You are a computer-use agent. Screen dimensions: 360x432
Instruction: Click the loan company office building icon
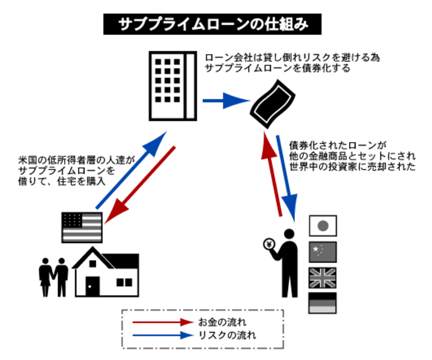coord(172,85)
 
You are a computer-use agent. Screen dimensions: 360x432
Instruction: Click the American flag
coord(82,227)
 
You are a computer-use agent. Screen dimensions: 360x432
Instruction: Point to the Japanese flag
coord(322,225)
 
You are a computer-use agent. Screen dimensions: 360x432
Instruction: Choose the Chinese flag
coord(322,251)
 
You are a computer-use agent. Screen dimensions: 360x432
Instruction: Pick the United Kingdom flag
coord(322,277)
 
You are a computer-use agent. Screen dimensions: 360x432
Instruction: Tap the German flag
coord(322,303)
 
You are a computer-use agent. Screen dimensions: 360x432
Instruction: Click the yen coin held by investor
coord(268,244)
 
